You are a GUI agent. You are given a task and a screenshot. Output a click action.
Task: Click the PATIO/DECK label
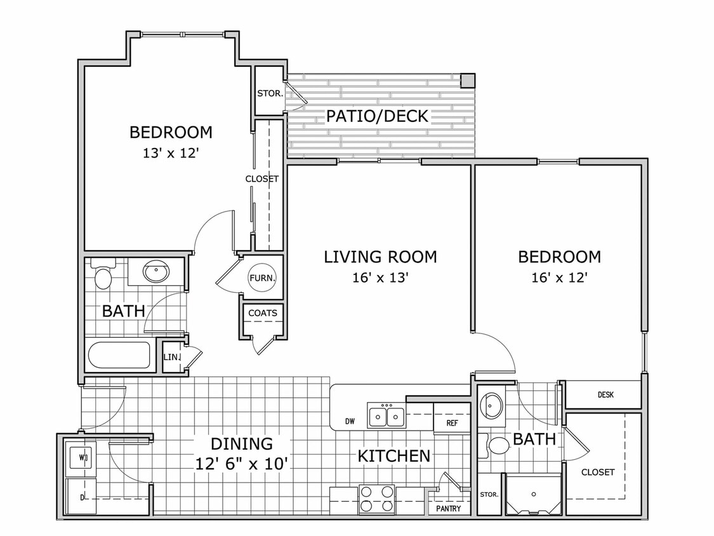378,116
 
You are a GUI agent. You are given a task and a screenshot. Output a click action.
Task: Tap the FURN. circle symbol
261,278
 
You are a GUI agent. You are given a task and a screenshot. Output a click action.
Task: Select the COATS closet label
262,313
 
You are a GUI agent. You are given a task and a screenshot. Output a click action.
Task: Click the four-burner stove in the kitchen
377,499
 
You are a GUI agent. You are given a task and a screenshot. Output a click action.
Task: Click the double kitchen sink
387,417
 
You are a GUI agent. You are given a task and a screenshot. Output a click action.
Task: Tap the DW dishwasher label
350,420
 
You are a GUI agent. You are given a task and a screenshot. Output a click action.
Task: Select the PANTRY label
449,509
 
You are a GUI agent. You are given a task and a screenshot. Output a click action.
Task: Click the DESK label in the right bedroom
605,395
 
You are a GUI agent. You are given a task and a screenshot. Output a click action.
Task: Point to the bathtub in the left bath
119,355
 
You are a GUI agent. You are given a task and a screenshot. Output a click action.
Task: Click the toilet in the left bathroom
102,276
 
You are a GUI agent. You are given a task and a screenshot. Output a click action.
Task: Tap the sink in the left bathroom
155,272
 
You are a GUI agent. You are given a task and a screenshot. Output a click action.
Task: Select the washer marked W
81,456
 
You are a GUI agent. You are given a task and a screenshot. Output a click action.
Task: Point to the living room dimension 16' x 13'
380,278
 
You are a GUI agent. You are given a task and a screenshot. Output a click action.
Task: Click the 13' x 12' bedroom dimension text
171,153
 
